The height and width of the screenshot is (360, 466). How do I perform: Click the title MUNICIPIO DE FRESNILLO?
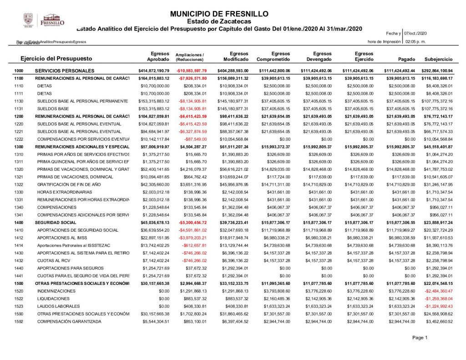219,14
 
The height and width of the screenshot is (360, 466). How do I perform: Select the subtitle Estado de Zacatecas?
219,21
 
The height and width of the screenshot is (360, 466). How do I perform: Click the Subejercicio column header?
438,60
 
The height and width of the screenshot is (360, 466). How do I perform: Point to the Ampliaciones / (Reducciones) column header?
190,57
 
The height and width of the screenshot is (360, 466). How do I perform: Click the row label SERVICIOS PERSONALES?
65,71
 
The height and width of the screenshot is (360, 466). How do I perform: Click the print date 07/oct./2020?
415,34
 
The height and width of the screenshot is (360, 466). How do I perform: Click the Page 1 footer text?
420,338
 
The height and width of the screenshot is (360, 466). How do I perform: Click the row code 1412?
19,238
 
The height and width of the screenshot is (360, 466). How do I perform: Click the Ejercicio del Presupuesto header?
56,59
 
